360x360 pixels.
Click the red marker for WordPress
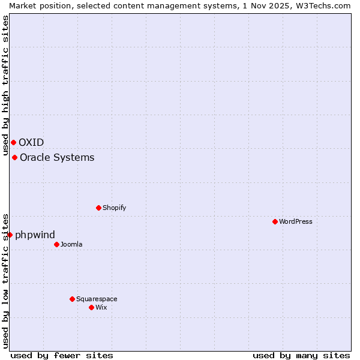pos(275,221)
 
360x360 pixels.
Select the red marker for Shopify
pos(99,208)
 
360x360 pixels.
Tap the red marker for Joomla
pos(57,244)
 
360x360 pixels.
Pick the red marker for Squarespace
pos(73,299)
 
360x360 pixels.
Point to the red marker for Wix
pos(92,307)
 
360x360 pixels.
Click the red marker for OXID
pos(13,142)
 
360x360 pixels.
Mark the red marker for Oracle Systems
pos(15,157)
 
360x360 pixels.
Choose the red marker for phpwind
pos(10,235)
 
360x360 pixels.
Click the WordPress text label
pos(295,221)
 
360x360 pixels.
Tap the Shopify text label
pos(114,208)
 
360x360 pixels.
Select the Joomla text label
pos(71,244)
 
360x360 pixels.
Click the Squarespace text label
pos(97,299)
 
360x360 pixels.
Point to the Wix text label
pos(101,307)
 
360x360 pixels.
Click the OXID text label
pos(31,142)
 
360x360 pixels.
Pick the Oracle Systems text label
pos(57,157)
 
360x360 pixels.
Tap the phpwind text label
pos(35,235)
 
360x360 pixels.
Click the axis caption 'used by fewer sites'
pos(62,355)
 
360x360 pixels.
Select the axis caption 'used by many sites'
pos(301,355)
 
